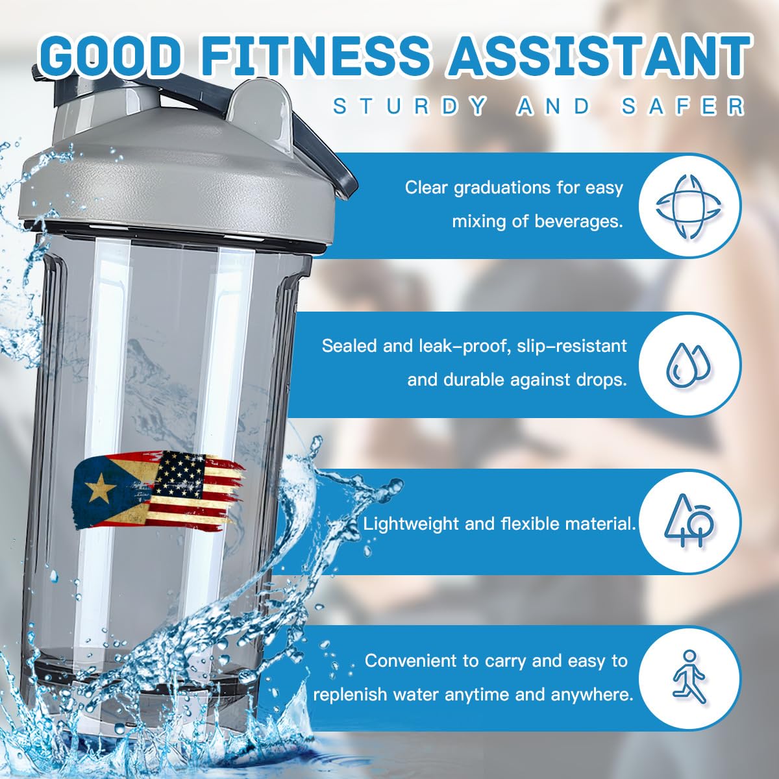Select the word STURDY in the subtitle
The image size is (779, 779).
(410, 106)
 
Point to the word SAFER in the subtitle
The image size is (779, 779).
(682, 106)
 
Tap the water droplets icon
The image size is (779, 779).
(689, 364)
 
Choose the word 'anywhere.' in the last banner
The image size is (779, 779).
(592, 695)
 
